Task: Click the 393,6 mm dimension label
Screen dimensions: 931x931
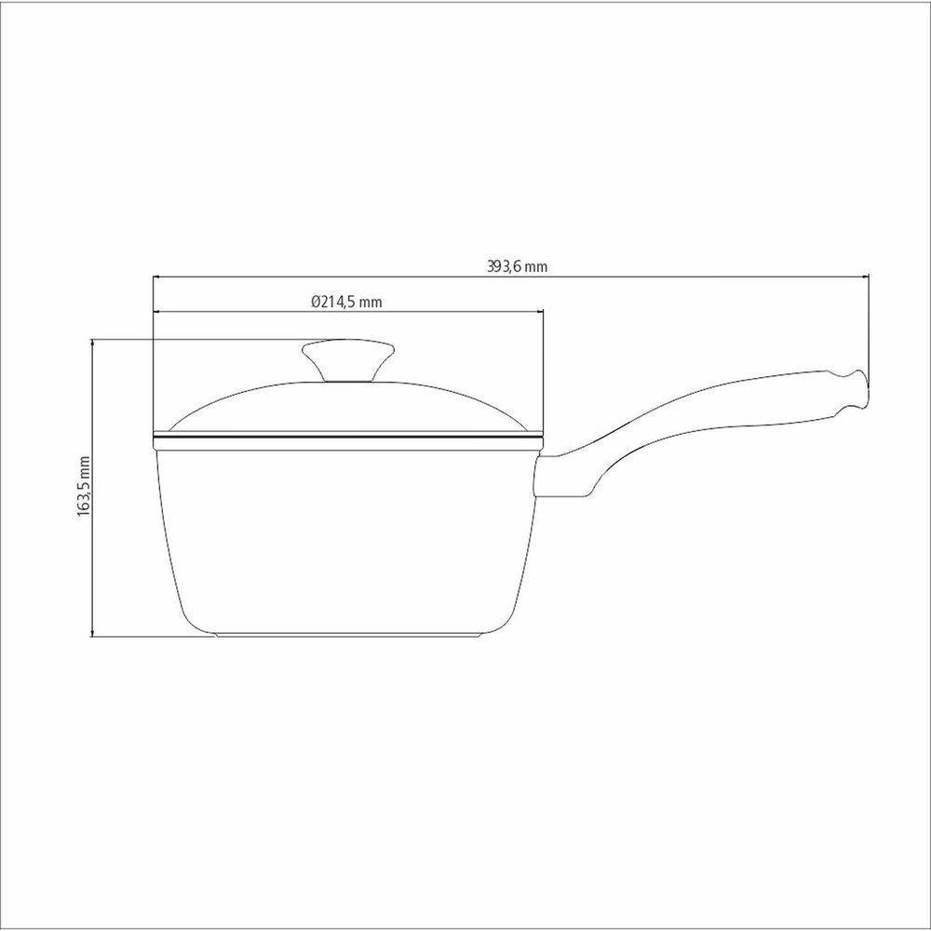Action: pyautogui.click(x=517, y=266)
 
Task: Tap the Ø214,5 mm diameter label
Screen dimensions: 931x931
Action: pyautogui.click(x=347, y=302)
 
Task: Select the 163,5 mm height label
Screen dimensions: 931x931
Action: pyautogui.click(x=84, y=486)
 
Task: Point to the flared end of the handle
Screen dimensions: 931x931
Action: pyautogui.click(x=854, y=391)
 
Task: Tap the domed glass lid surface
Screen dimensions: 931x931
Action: pyautogui.click(x=348, y=406)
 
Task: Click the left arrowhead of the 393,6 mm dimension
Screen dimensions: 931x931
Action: pyautogui.click(x=156, y=277)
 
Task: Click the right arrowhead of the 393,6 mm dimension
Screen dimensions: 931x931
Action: pyautogui.click(x=865, y=277)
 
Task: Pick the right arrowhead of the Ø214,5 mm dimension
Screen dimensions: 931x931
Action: pyautogui.click(x=540, y=311)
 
